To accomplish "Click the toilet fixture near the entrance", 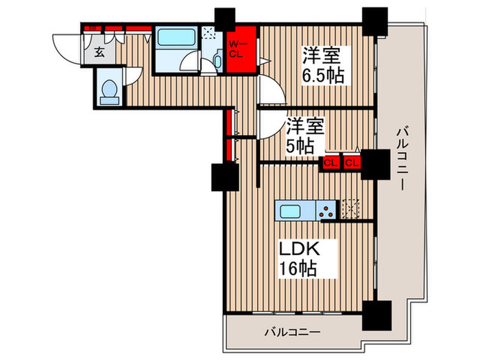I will click(x=109, y=92).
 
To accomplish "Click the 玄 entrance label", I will click(x=99, y=52).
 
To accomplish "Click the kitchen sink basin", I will click(x=293, y=209).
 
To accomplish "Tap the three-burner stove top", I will click(x=328, y=209).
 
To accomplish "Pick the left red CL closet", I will click(x=330, y=163).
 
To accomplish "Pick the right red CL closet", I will click(x=351, y=163).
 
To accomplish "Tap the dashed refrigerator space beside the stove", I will click(x=350, y=208).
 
